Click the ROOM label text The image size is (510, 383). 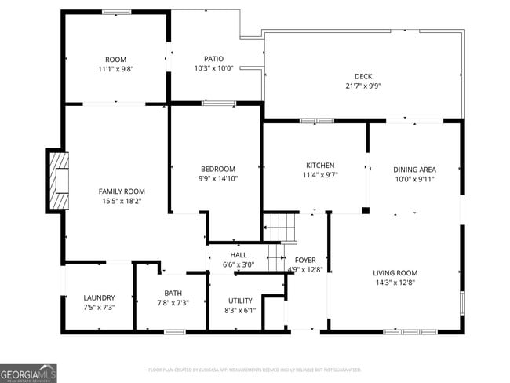point(116,60)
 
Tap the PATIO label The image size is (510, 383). point(213,59)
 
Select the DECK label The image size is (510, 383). point(363,76)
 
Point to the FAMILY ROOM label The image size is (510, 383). point(122,191)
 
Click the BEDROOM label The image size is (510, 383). point(217,169)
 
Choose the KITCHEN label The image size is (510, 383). point(320,166)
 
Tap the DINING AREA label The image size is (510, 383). point(414,170)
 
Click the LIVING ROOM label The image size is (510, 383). point(395,273)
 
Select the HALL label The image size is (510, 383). point(239,255)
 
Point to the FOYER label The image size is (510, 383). point(305,260)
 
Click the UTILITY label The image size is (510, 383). point(240,301)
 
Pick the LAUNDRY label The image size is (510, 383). point(100,297)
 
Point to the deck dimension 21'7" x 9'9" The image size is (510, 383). point(363,86)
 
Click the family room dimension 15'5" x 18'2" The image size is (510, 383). point(122,202)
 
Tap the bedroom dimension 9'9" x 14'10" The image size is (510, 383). point(217,179)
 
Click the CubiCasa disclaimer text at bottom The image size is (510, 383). point(255,369)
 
